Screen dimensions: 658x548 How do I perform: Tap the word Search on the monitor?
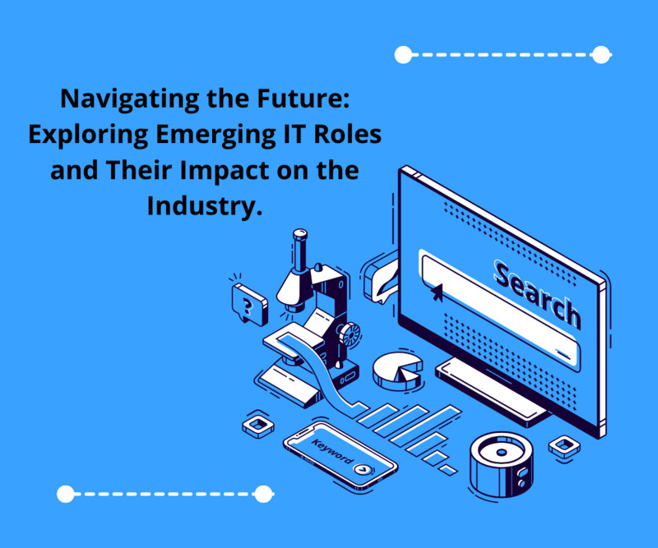[x=538, y=294]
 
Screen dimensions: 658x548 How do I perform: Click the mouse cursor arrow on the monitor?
[x=437, y=292]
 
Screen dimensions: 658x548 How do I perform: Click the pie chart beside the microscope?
[x=397, y=371]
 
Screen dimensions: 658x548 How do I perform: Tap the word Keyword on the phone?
[x=332, y=451]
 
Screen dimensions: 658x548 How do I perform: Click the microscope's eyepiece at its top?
[x=300, y=234]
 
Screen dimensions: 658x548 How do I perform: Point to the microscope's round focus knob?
[x=350, y=334]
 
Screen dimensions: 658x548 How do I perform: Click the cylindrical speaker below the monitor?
[x=502, y=464]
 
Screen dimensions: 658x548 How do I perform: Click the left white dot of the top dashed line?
[x=403, y=55]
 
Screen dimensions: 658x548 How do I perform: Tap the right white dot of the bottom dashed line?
[x=263, y=494]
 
